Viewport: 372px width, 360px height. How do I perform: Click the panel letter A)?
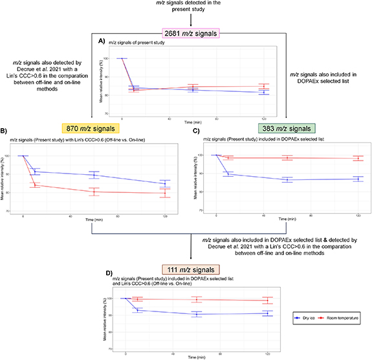(x=102, y=40)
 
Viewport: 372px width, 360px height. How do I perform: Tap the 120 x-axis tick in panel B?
(x=166, y=214)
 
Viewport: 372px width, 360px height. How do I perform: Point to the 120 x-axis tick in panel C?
(x=358, y=214)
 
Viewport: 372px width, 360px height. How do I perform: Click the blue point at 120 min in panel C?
(x=358, y=179)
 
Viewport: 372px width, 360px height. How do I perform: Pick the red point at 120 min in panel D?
(x=268, y=300)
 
